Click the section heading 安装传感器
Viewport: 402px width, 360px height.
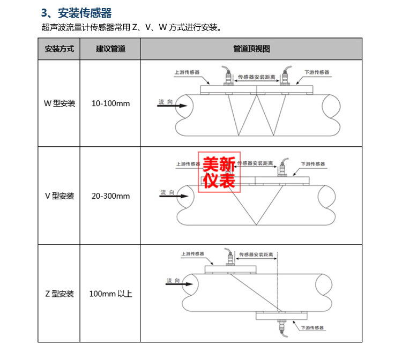click(85, 13)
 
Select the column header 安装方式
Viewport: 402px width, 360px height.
click(59, 49)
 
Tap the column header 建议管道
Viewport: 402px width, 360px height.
click(110, 49)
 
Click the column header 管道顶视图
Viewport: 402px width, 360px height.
click(251, 49)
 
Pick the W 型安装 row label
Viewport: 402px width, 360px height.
click(59, 103)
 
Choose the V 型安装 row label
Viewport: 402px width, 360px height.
click(59, 196)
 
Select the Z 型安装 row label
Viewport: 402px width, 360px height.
click(59, 294)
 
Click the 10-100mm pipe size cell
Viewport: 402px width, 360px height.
click(111, 103)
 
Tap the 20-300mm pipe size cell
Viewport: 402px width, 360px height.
click(111, 196)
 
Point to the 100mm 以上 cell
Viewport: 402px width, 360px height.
click(111, 294)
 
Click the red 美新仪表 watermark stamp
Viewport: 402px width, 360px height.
click(219, 172)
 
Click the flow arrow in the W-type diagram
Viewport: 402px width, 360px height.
click(172, 106)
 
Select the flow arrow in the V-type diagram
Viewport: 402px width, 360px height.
click(174, 196)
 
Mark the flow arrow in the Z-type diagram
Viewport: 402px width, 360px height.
click(179, 284)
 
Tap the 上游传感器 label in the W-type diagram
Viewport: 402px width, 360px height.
click(187, 72)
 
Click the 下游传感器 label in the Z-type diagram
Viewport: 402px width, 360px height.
click(312, 328)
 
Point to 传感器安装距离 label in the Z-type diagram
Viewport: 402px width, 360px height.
click(256, 254)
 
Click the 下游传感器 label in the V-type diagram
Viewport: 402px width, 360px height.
click(313, 164)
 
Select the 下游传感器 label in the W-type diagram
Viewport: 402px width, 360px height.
click(317, 72)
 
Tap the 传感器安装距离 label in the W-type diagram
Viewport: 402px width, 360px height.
click(256, 77)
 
